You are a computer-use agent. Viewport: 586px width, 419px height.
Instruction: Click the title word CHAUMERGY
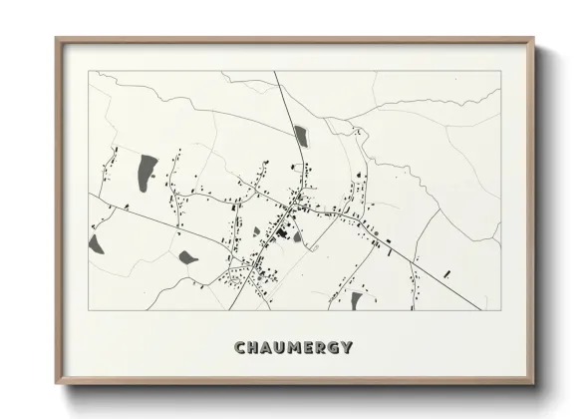[x=293, y=348]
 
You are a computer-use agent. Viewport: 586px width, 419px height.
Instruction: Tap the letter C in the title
[x=239, y=348]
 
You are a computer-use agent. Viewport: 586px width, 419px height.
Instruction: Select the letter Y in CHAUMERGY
[x=347, y=348]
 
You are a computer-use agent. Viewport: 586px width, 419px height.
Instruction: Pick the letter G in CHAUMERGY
[x=333, y=348]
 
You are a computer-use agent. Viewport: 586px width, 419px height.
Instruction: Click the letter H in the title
[x=252, y=348]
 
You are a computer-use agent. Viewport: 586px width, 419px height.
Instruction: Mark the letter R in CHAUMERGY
[x=320, y=348]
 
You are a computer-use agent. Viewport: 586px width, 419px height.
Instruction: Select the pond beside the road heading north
[x=300, y=136]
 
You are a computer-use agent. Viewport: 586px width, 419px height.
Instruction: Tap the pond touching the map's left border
[x=96, y=242]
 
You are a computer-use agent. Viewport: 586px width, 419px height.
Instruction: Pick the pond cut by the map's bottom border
[x=356, y=300]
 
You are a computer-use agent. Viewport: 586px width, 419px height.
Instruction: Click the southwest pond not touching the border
[x=187, y=257]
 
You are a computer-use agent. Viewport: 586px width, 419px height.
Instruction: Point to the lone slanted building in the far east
[x=447, y=272]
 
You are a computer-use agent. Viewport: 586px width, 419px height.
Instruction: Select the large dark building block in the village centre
[x=281, y=233]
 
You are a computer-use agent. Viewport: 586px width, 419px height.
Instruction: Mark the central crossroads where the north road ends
[x=293, y=205]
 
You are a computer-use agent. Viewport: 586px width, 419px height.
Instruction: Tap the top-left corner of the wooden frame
[x=57, y=40]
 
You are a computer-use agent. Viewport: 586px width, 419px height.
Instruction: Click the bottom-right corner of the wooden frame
[x=533, y=382]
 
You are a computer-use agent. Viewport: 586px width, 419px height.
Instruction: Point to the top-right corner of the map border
[x=499, y=72]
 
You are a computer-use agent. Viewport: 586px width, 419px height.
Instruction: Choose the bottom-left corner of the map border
[x=89, y=309]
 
